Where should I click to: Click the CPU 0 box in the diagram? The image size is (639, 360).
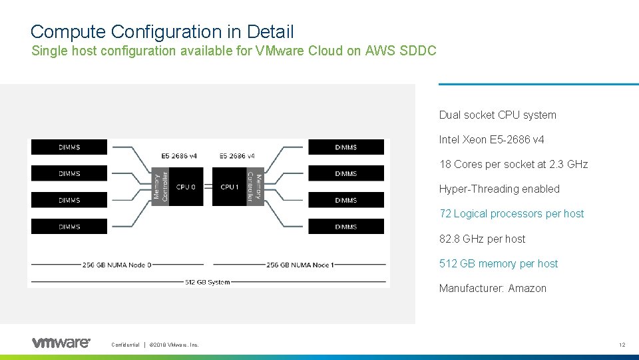click(x=186, y=187)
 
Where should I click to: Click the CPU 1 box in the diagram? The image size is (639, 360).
click(x=229, y=187)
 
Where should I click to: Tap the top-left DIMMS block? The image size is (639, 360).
click(x=69, y=147)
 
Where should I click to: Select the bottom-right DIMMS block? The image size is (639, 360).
click(x=346, y=227)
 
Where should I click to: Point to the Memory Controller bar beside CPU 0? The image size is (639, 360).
click(x=160, y=186)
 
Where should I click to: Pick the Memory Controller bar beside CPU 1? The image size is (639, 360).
click(x=255, y=186)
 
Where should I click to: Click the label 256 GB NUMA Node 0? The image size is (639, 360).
click(x=117, y=265)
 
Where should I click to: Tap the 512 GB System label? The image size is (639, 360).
click(x=208, y=282)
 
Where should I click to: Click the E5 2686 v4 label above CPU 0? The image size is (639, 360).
click(x=179, y=156)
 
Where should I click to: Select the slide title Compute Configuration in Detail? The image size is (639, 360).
click(x=162, y=31)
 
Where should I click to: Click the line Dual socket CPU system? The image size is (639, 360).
click(x=497, y=115)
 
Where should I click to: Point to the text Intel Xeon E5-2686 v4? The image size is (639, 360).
click(x=491, y=140)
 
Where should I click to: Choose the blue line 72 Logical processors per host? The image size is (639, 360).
click(x=511, y=214)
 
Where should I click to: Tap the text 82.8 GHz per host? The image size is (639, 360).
click(x=482, y=239)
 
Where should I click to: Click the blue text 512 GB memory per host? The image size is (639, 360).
click(x=499, y=264)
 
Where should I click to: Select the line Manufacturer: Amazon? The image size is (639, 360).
click(x=493, y=289)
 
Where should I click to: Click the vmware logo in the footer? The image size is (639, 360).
click(x=61, y=343)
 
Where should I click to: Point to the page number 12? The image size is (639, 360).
click(x=622, y=345)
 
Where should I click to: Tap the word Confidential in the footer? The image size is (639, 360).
click(x=126, y=345)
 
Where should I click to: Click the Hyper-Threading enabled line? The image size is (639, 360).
click(x=499, y=189)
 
